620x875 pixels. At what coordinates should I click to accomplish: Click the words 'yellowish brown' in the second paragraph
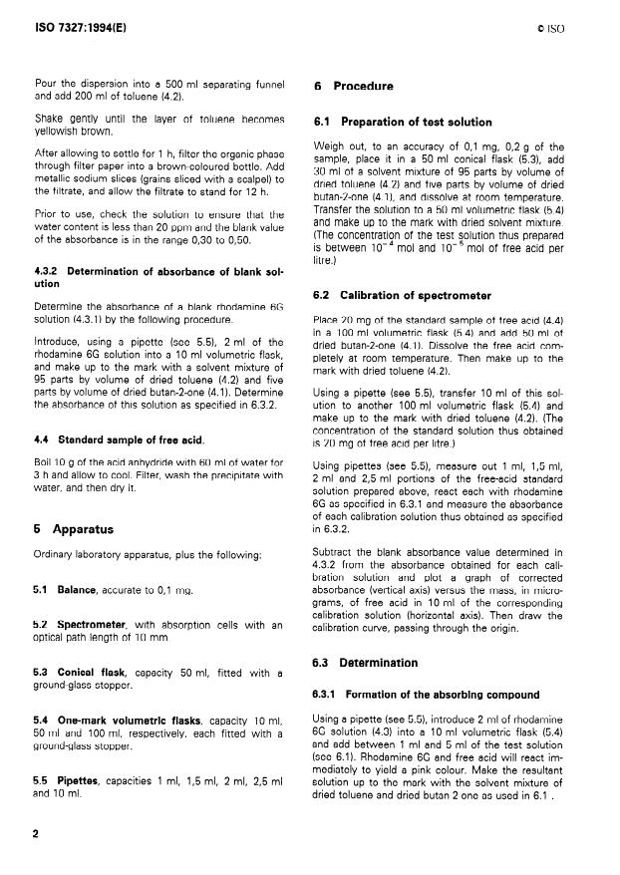pos(74,130)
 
